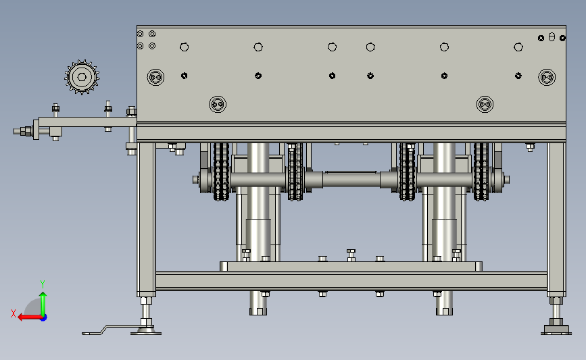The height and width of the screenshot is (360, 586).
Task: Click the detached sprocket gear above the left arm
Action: pyautogui.click(x=82, y=77)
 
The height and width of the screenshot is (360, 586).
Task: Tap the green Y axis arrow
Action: pyautogui.click(x=43, y=304)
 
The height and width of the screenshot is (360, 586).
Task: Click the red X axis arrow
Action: pyautogui.click(x=30, y=317)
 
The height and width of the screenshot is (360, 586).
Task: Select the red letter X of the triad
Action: pyautogui.click(x=14, y=313)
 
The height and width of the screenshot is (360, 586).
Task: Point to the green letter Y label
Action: pyautogui.click(x=43, y=284)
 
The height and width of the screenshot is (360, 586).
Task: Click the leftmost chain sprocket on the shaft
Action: pyautogui.click(x=221, y=172)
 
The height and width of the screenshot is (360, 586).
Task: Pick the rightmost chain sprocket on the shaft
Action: pyautogui.click(x=481, y=172)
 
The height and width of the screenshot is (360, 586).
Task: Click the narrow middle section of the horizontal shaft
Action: pyautogui.click(x=351, y=180)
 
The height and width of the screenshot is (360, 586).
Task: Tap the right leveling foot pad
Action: pyautogui.click(x=556, y=330)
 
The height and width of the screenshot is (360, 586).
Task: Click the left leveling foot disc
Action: pyautogui.click(x=146, y=331)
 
